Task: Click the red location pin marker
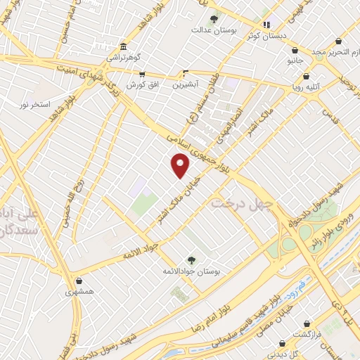[181, 166]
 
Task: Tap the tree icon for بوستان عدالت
[214, 19]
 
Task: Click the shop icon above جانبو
[294, 51]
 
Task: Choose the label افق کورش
[141, 84]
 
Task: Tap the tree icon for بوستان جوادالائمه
[191, 259]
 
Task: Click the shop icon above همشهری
[79, 281]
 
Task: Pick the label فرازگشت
[307, 334]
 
